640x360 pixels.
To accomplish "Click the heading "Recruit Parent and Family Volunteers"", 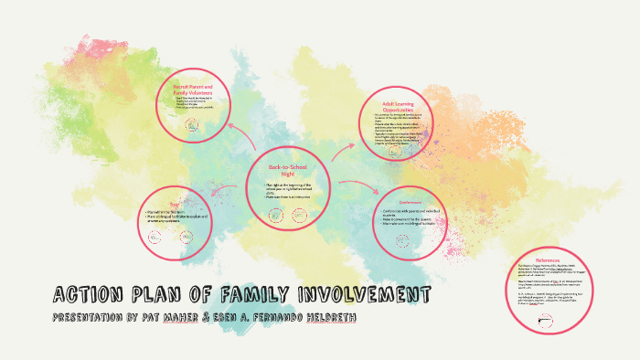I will pos(193,90).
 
